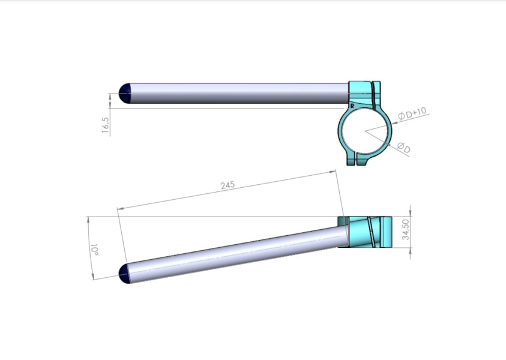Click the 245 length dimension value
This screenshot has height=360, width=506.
pyautogui.click(x=227, y=185)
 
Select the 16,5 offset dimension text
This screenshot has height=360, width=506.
pyautogui.click(x=106, y=125)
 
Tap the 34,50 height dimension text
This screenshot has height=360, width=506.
pyautogui.click(x=406, y=229)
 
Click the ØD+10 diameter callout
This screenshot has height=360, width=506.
pyautogui.click(x=412, y=113)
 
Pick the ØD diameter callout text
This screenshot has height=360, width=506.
pyautogui.click(x=404, y=148)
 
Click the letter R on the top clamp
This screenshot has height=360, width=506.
pyautogui.click(x=352, y=106)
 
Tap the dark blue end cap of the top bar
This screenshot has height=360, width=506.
pyautogui.click(x=125, y=93)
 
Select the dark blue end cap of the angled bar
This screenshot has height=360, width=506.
pyautogui.click(x=125, y=274)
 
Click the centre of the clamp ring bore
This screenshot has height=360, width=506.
pyautogui.click(x=365, y=131)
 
